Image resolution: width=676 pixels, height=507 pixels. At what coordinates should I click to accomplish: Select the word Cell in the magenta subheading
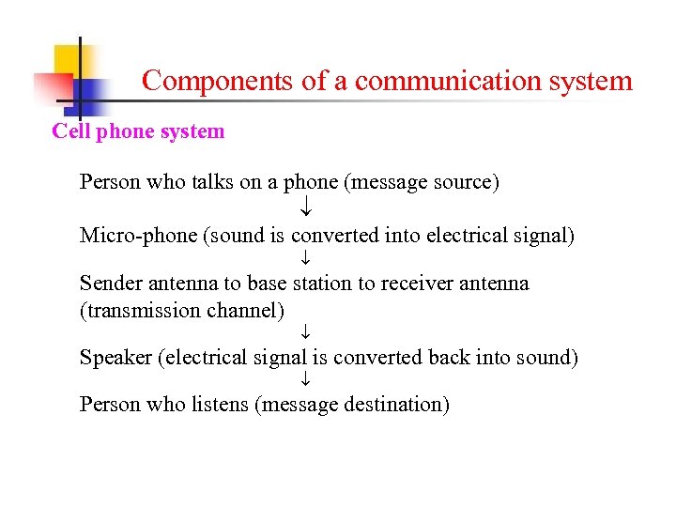click(70, 131)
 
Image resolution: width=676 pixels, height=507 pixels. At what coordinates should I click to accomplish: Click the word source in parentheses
click(460, 181)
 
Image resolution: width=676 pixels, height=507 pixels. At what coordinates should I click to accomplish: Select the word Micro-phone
click(138, 235)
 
